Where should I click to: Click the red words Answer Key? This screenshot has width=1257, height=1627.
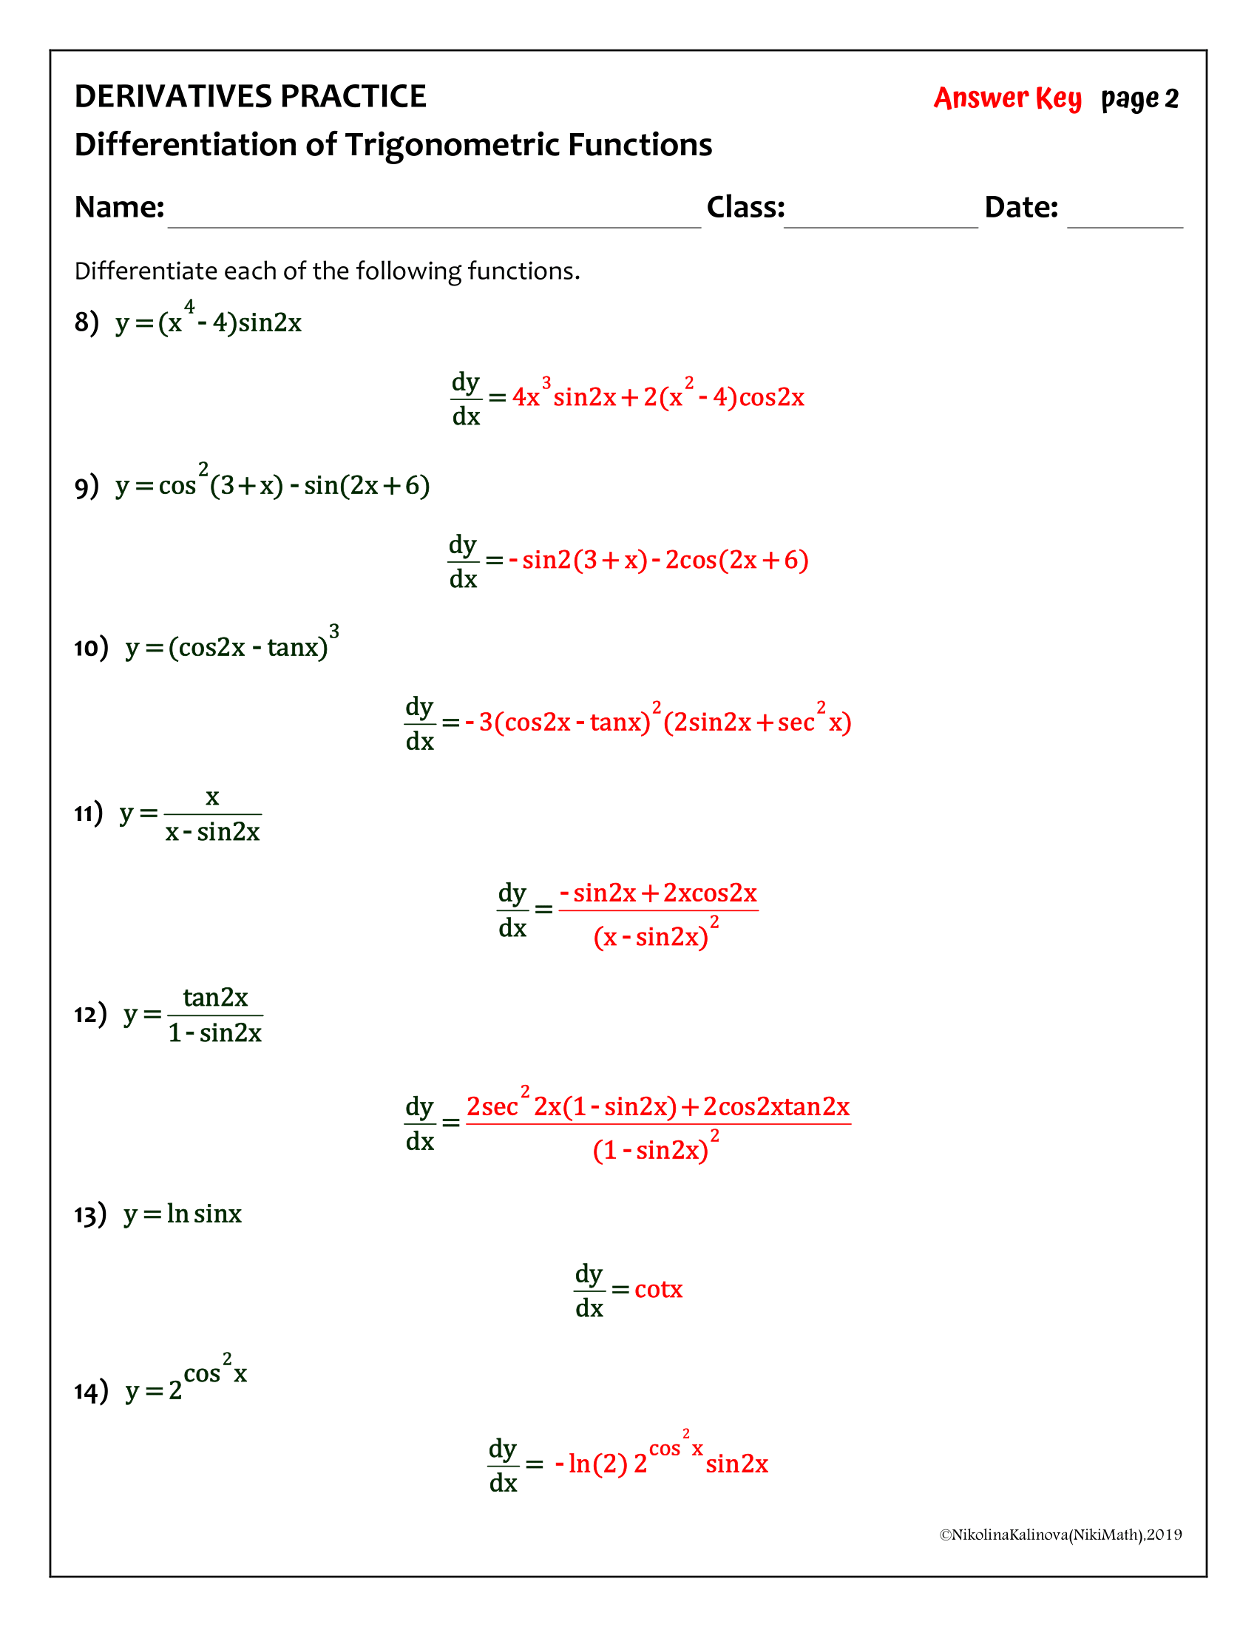[x=1007, y=98]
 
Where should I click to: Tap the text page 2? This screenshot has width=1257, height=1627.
[x=1139, y=98]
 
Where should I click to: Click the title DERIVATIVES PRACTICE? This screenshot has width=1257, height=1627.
[x=250, y=97]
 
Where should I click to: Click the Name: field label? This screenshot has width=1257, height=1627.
[x=119, y=207]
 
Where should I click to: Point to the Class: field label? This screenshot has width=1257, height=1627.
[x=745, y=207]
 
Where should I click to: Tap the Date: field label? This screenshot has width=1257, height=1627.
[x=1021, y=207]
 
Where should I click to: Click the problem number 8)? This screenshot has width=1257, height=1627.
[x=87, y=322]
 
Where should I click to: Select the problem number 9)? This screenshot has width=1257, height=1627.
[x=87, y=486]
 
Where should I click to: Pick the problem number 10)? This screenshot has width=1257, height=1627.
[x=91, y=647]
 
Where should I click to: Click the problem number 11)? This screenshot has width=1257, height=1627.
[x=89, y=813]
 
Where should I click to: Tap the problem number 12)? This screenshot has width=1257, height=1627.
[x=90, y=1014]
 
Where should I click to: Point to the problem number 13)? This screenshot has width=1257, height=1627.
[x=90, y=1215]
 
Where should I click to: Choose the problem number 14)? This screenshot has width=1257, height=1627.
[x=91, y=1391]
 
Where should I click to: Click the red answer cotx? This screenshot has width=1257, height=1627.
[x=658, y=1290]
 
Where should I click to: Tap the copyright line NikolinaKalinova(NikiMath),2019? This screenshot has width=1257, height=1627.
[x=1060, y=1535]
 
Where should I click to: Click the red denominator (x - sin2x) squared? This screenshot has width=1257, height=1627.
[x=655, y=936]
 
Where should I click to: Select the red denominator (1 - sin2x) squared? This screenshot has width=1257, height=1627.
[x=655, y=1149]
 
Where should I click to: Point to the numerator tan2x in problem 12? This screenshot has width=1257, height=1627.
[x=215, y=997]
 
